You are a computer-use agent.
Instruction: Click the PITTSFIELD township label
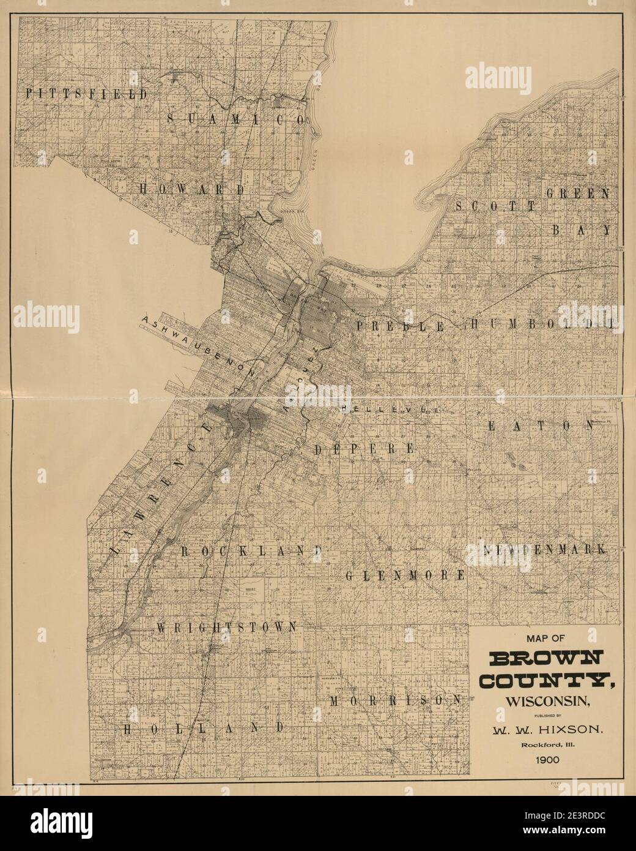click(86, 94)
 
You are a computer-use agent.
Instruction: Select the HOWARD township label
click(192, 190)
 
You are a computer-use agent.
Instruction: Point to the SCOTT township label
click(495, 206)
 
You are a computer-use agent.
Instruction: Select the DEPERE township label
click(364, 449)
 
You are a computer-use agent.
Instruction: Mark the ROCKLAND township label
click(251, 551)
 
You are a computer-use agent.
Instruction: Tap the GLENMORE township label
click(405, 576)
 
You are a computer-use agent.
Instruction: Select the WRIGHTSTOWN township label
click(227, 627)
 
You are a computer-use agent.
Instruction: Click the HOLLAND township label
click(204, 729)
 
